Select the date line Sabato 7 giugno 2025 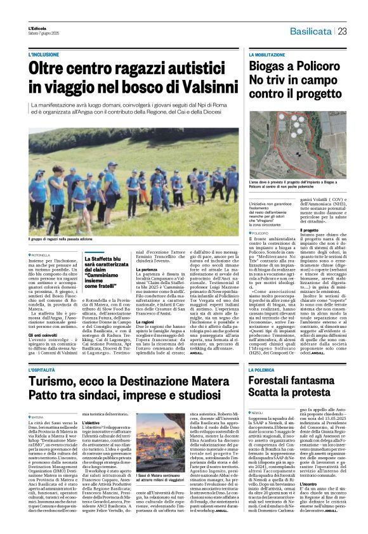tap(44, 33)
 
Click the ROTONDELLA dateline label tap(45, 255)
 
